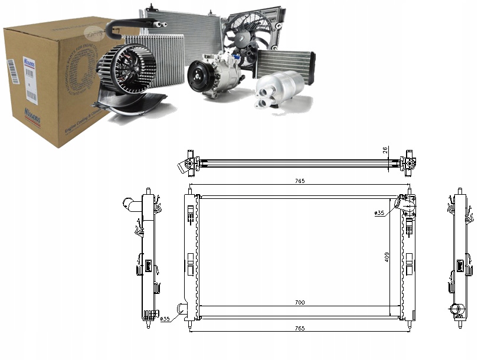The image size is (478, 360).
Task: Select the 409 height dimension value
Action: tap(387, 257)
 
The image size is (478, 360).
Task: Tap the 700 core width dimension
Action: tap(299, 303)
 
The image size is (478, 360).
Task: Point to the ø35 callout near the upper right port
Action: tap(379, 213)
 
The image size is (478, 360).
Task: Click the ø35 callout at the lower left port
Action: tap(166, 319)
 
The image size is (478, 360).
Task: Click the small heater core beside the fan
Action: tap(285, 63)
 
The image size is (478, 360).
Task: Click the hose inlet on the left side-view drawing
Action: tap(131, 204)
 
